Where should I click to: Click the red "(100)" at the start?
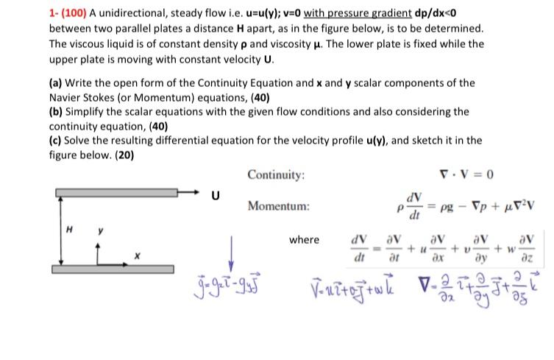(75, 13)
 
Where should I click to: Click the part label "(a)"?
(58, 85)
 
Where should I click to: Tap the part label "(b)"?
(58, 112)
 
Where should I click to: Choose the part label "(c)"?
(57, 140)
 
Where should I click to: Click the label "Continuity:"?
(276, 175)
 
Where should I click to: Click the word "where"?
(304, 240)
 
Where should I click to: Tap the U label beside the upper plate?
(215, 196)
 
